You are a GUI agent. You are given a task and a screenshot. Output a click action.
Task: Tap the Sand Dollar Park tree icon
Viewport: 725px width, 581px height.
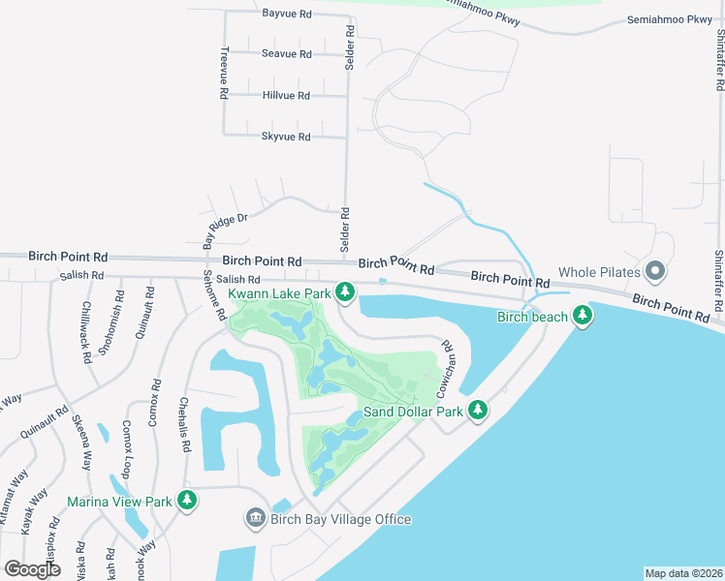pyautogui.click(x=477, y=412)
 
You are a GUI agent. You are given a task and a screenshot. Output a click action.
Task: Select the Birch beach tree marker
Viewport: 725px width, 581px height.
pyautogui.click(x=582, y=316)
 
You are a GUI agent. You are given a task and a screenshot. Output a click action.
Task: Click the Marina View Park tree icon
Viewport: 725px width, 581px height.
pyautogui.click(x=187, y=501)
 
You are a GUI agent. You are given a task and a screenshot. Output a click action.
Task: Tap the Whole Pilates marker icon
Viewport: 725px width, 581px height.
pyautogui.click(x=654, y=270)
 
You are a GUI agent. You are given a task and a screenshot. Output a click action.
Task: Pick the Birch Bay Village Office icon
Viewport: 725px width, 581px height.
pyautogui.click(x=256, y=519)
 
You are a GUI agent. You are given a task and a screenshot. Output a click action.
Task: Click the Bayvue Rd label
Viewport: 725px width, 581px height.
pyautogui.click(x=287, y=14)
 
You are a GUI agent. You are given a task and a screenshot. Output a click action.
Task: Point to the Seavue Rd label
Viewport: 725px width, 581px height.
pyautogui.click(x=286, y=54)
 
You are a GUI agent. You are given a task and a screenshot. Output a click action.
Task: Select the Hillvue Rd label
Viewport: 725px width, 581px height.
pyautogui.click(x=286, y=96)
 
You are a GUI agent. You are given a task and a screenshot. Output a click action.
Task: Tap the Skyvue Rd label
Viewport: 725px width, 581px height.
pyautogui.click(x=286, y=137)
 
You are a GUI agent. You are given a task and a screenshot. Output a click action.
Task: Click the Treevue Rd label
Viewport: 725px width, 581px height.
pyautogui.click(x=224, y=74)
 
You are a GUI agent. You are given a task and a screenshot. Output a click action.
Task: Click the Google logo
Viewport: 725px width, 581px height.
pyautogui.click(x=32, y=569)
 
